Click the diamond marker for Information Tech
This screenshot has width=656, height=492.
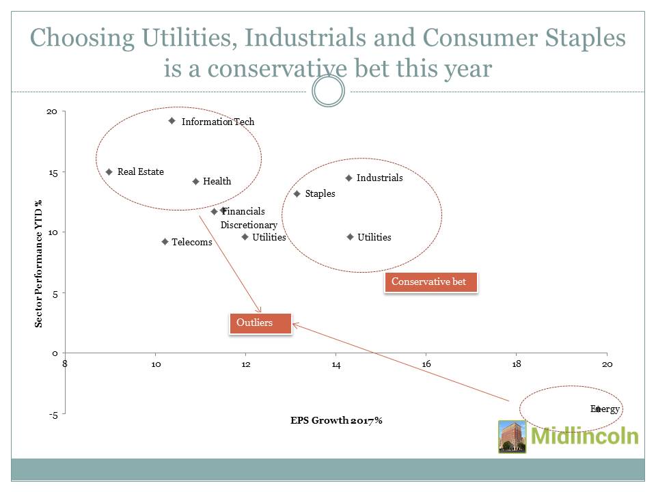pos(172,121)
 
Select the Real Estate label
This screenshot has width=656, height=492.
pos(140,172)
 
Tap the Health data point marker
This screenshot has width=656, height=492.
pos(195,182)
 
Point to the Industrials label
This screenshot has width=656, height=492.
pos(379,178)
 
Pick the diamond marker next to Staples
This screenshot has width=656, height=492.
pos(297,194)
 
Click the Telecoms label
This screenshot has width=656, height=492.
pos(191,242)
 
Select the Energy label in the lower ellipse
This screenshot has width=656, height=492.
pos(605,409)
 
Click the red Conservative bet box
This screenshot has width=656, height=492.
pos(430,282)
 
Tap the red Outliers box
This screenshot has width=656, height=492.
pos(260,323)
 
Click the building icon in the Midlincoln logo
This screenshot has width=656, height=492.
pos(512,437)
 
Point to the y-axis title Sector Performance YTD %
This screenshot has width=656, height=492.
pos(39,263)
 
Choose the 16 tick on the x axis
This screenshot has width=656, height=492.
pos(426,364)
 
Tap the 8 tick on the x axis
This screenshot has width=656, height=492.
pos(65,364)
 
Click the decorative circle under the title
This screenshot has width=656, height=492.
pos(328,92)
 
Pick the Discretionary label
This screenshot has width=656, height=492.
pos(249,225)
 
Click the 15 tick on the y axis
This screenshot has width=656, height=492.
pos(53,172)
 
